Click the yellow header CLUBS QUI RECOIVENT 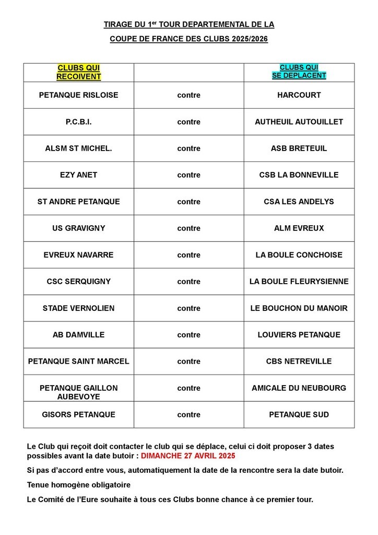click(78, 72)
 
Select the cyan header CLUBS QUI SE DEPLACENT click(299, 72)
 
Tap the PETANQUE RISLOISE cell click(78, 95)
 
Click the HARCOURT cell click(299, 95)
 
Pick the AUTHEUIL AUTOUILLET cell click(299, 122)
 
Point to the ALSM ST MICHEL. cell click(78, 148)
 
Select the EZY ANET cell click(78, 175)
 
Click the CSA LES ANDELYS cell click(299, 202)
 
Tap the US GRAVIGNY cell click(78, 228)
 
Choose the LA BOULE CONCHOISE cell click(299, 255)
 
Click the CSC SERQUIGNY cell click(78, 282)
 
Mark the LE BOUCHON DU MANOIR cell click(299, 308)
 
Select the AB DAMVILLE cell click(78, 335)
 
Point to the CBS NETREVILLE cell click(299, 362)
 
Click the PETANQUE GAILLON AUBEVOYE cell click(78, 392)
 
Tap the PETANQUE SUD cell click(299, 415)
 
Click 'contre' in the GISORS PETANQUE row click(188, 415)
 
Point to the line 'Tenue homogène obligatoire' click(78, 485)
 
